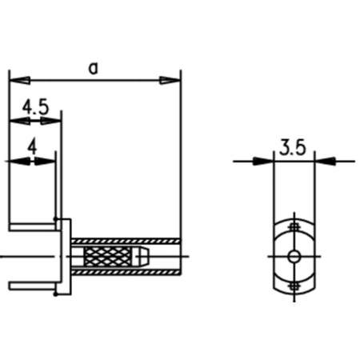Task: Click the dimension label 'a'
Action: click(x=94, y=69)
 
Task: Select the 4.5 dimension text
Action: click(x=34, y=106)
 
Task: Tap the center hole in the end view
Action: click(x=294, y=257)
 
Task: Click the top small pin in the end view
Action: click(x=294, y=228)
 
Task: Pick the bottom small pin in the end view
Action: click(x=294, y=285)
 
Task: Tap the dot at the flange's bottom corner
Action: click(x=55, y=295)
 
